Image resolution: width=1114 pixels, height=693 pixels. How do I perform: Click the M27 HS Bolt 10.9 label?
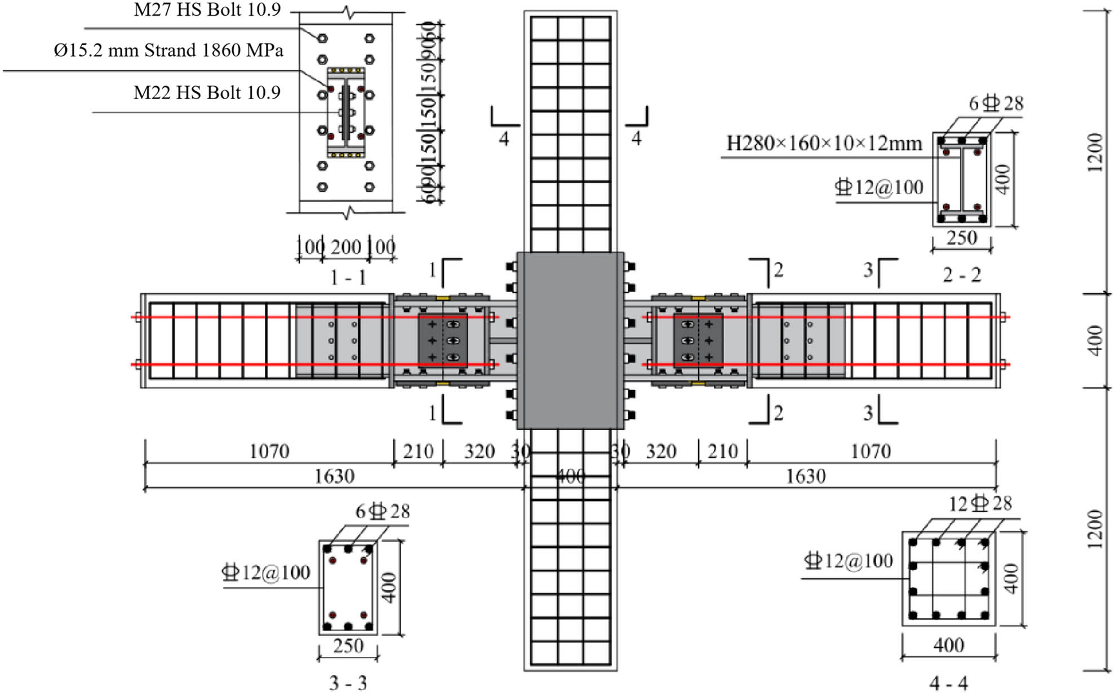pos(207,10)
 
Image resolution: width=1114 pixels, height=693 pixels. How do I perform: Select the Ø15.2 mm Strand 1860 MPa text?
pos(168,50)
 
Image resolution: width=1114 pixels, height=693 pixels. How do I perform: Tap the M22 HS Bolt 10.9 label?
pos(207,92)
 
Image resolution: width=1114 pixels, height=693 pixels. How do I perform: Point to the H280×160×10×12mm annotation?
pos(824,144)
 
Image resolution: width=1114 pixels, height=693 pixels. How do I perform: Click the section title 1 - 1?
pos(348,278)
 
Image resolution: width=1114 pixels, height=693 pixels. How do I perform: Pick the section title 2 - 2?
pos(962,275)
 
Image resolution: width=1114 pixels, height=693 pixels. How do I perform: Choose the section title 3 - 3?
pos(348,683)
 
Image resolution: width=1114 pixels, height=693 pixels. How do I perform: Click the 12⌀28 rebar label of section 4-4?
pos(980,503)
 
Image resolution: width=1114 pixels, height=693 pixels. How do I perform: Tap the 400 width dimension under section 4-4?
pos(948,645)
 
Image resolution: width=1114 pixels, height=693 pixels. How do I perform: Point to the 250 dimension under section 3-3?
pos(348,646)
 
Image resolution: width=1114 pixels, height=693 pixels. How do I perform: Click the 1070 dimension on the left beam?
pos(269,451)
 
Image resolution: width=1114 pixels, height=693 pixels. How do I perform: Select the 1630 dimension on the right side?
pos(805,477)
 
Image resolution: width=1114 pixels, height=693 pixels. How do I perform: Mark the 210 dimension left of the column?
pos(418,451)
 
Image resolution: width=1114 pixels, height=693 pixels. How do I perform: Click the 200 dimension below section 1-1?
pos(345,247)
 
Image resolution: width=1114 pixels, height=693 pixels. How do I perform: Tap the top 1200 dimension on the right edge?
pos(1094,152)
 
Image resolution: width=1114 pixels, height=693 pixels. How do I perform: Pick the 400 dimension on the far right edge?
pos(1094,341)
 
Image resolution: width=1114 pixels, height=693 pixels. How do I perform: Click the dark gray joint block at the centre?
pos(570,340)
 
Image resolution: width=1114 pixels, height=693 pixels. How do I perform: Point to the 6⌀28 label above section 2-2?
pos(996,104)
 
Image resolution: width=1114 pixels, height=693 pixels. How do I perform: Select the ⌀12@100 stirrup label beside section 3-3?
pos(266,573)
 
